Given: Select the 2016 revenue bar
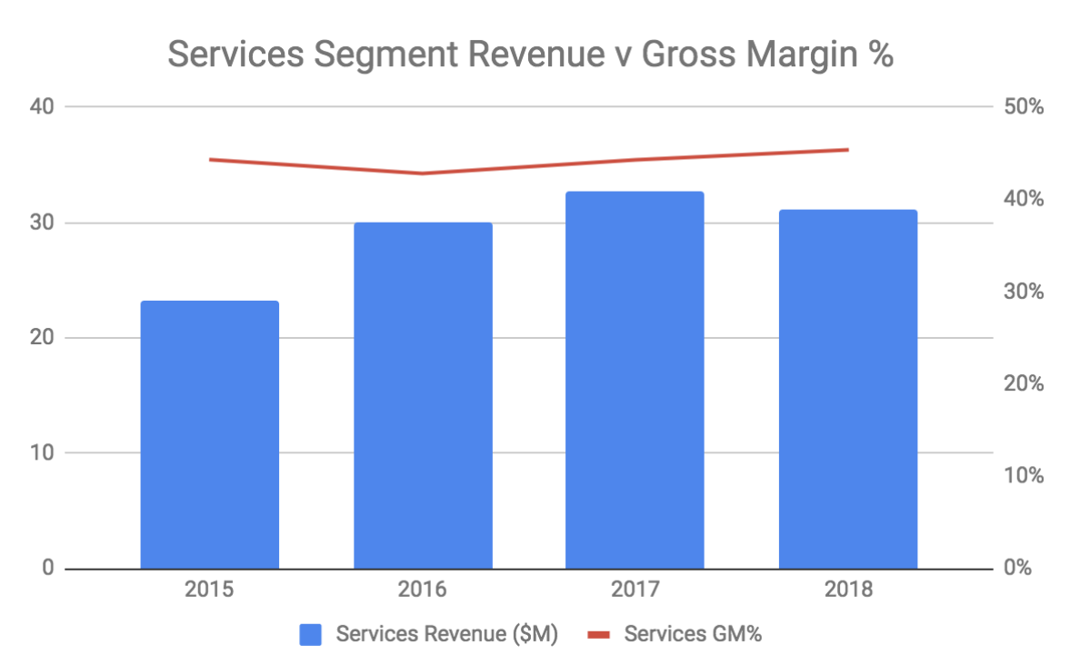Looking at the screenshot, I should pos(423,395).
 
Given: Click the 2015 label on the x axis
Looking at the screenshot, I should pos(209,590).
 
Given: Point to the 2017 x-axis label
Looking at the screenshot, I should pos(635,590).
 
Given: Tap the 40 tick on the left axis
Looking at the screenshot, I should pos(42,106).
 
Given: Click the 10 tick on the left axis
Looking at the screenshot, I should pos(42,452).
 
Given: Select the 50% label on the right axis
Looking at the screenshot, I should pos(1024,107).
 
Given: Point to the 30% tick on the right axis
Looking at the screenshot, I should pos(1024,292).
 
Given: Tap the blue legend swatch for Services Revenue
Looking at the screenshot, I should pos(312,634).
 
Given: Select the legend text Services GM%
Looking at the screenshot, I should pos(692,634).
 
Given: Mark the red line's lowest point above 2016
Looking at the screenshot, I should pos(423,174).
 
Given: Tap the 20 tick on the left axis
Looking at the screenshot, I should pos(42,337).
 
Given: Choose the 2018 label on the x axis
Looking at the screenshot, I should pos(847,590).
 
